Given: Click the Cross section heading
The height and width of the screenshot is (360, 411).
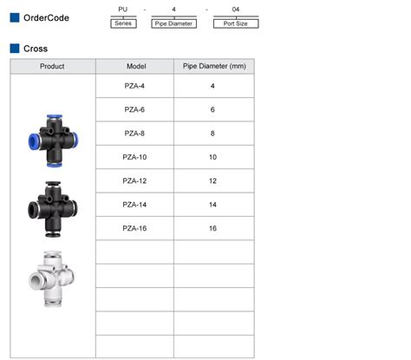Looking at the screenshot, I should [36, 49].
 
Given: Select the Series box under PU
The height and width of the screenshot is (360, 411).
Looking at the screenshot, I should [124, 23].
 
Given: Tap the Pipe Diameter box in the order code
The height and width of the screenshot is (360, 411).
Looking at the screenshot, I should [174, 23].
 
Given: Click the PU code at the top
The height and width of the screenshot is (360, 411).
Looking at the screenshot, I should [124, 10].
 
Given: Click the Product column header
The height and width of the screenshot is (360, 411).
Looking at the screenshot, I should [53, 66].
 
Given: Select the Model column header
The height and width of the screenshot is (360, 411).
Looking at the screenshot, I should [135, 66].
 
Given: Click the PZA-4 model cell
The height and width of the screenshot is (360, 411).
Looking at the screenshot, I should [135, 86].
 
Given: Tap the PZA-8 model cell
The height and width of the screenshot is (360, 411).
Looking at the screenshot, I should [135, 133].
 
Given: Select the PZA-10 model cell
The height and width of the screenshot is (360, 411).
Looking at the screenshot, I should [135, 157].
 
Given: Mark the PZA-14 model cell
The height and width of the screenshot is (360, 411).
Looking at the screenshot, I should [135, 205].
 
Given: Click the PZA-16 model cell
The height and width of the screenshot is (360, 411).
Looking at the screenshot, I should [135, 228].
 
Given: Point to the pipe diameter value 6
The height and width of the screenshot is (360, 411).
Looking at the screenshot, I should [213, 109].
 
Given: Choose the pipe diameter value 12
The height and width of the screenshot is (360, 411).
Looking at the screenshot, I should [213, 180].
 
